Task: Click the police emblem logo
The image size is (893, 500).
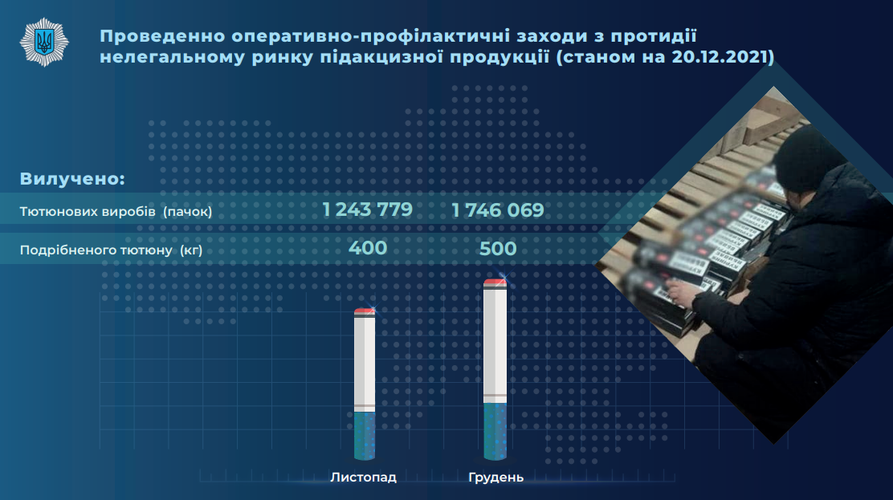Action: (x=44, y=43)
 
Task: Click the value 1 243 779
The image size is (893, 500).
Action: (x=367, y=209)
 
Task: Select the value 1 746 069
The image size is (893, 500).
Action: (x=498, y=210)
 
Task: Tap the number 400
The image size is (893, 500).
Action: (x=368, y=248)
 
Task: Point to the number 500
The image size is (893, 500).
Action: (x=498, y=248)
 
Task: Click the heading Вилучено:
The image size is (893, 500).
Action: (x=72, y=178)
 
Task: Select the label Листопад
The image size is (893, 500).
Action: (x=363, y=478)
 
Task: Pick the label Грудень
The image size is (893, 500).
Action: (x=496, y=478)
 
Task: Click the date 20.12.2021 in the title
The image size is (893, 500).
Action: (x=720, y=57)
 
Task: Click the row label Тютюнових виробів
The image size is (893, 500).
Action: (x=88, y=211)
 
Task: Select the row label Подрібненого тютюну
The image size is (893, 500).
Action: (x=96, y=250)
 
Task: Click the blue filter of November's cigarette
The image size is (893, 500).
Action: (x=365, y=436)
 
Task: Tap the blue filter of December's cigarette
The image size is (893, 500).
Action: (x=495, y=431)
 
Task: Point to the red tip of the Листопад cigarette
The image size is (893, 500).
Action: (x=365, y=311)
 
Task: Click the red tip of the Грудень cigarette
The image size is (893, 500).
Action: (x=495, y=283)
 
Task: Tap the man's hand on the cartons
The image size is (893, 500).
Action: (x=681, y=291)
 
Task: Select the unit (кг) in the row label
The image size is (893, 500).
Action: (x=191, y=250)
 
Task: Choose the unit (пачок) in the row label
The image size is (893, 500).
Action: (x=187, y=211)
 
